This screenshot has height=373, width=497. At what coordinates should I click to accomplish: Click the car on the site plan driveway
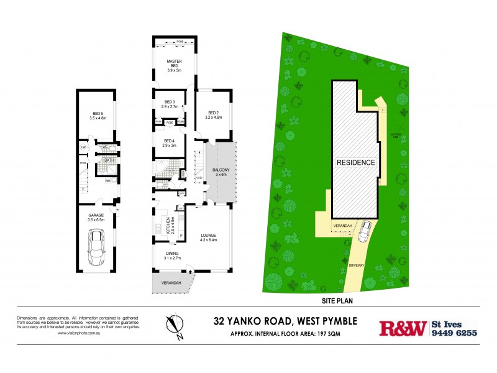[x=365, y=231]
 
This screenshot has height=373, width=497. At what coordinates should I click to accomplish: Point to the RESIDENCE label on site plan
[x=356, y=162]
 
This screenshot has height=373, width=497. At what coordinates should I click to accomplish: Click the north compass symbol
[x=176, y=326]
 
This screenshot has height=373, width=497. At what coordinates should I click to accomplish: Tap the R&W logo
[x=403, y=328]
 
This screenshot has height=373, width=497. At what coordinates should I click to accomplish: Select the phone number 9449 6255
[x=454, y=333]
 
